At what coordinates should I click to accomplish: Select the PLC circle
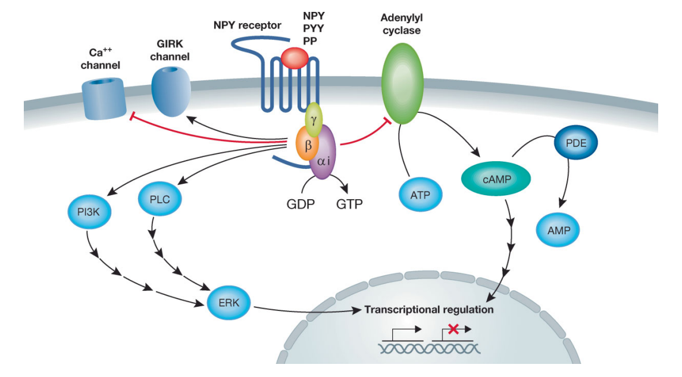(156, 199)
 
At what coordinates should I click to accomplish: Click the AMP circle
(558, 230)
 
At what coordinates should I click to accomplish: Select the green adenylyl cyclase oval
(402, 84)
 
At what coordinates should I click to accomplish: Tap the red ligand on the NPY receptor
(294, 58)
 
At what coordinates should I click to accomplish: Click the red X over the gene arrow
(453, 328)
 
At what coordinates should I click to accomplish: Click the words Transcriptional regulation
(428, 310)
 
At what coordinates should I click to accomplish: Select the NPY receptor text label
(247, 26)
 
